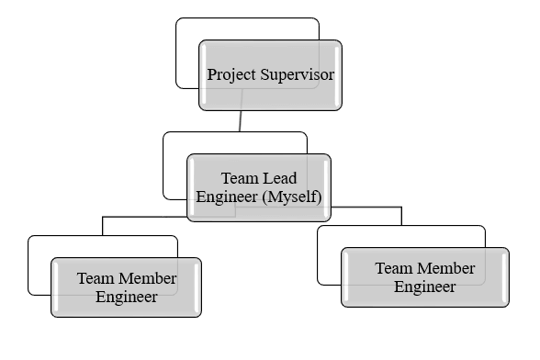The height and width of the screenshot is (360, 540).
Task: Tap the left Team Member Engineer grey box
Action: (126, 307)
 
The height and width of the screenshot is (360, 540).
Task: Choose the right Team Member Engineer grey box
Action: (424, 297)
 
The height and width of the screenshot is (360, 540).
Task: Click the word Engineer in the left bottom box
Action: (127, 297)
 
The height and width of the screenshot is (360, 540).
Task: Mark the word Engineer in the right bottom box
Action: (425, 287)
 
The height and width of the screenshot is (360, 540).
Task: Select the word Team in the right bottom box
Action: (392, 268)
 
